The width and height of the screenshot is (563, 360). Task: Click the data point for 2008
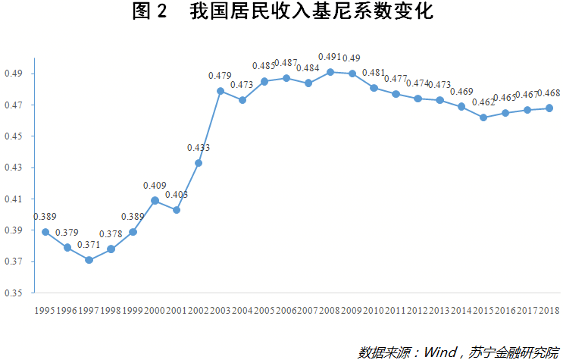330,72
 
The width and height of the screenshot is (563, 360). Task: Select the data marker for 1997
89,260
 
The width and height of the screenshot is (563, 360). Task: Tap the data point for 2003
221,91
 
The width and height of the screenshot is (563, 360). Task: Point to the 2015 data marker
483,117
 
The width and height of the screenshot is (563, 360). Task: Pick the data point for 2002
199,163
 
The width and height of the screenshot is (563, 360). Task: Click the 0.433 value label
198,148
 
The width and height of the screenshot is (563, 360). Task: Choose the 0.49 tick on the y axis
15,74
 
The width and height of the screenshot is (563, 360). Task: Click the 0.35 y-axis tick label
15,293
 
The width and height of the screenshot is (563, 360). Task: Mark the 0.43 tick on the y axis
15,167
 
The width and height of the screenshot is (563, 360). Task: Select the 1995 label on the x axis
45,311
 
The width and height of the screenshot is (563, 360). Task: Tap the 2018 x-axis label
549,311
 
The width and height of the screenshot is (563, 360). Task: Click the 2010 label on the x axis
374,311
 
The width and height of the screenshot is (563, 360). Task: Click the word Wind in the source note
439,352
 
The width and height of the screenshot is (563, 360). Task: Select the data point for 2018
549,108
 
